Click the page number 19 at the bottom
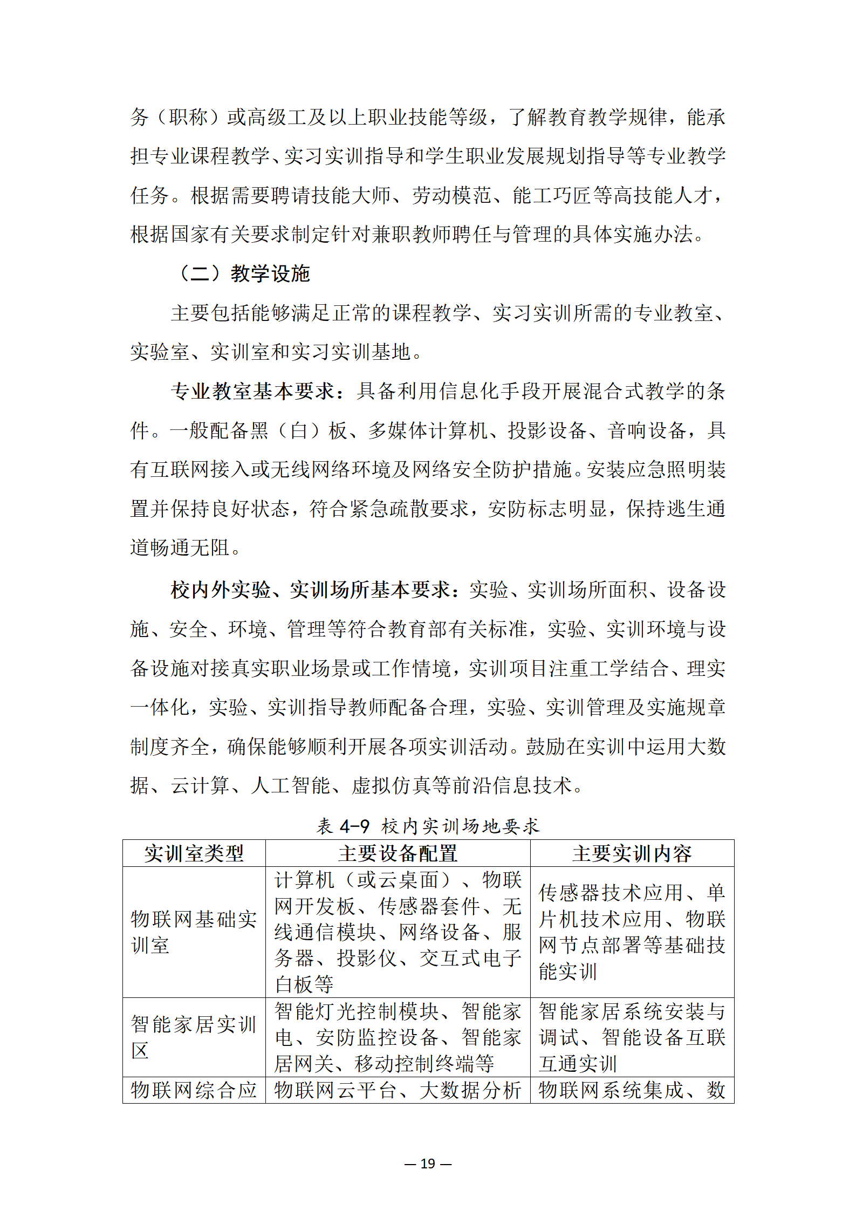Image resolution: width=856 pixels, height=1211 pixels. [x=428, y=1164]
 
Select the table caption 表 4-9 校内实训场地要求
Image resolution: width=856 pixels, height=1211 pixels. [x=428, y=826]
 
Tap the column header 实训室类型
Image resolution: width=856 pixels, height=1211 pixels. [x=194, y=853]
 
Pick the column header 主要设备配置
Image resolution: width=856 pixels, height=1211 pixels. [x=398, y=853]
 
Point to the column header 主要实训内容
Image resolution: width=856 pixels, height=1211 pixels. [x=632, y=853]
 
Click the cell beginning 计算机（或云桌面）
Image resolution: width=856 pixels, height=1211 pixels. [x=398, y=932]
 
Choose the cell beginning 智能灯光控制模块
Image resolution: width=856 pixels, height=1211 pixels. [x=398, y=1037]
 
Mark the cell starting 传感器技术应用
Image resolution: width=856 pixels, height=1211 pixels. [x=632, y=932]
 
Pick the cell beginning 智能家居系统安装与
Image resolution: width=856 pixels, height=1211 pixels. [x=632, y=1037]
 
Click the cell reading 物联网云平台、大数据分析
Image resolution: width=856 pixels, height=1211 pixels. [x=398, y=1090]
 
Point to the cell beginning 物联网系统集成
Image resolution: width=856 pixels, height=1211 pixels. [x=632, y=1090]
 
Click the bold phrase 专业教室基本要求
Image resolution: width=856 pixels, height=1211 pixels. [x=252, y=391]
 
